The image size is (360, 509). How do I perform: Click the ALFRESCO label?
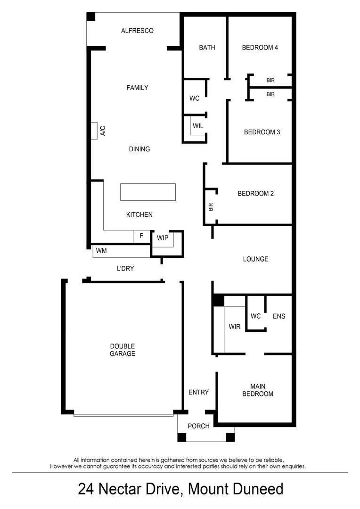(137, 31)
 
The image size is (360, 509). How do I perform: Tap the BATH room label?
(207, 47)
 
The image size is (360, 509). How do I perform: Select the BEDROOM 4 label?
(260, 47)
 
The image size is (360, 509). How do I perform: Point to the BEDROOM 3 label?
(262, 132)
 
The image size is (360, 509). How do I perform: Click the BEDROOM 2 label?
(255, 193)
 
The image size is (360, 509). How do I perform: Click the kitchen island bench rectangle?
(148, 192)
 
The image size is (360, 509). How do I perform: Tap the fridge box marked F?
(141, 236)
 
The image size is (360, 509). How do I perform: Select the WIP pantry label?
(163, 238)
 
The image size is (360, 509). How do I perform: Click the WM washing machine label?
(101, 251)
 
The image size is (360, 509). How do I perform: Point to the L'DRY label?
(126, 269)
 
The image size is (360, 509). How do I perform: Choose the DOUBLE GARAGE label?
(123, 350)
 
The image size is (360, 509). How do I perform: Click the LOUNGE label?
(255, 259)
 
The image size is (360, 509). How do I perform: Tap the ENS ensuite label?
(279, 316)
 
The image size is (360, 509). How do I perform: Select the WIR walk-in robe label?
(235, 326)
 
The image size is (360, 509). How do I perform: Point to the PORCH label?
(198, 426)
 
